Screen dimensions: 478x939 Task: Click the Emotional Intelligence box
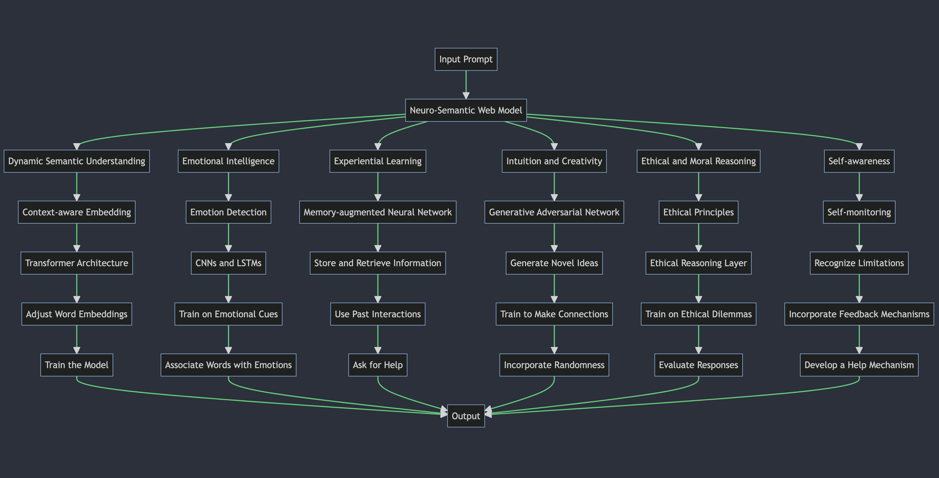coord(228,161)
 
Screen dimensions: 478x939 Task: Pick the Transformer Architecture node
coord(77,263)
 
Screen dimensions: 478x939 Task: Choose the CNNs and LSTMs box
coord(228,263)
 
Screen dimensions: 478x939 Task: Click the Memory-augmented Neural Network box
coord(378,212)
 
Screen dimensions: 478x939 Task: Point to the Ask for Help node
coord(378,365)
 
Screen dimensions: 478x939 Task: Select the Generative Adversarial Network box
coord(554,212)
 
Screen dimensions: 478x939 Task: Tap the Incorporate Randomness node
coord(554,365)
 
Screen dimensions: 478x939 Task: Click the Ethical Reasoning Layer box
coord(698,263)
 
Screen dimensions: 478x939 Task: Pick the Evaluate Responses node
coord(698,365)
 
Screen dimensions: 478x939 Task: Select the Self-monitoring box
coord(859,212)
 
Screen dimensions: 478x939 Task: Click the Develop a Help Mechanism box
coord(859,365)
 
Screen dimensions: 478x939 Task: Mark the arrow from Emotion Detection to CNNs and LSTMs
coord(229,237)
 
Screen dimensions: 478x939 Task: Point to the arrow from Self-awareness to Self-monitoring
coord(859,186)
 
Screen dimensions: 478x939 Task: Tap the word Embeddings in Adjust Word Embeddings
coord(104,314)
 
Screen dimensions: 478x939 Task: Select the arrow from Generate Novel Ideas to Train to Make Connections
coord(554,288)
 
